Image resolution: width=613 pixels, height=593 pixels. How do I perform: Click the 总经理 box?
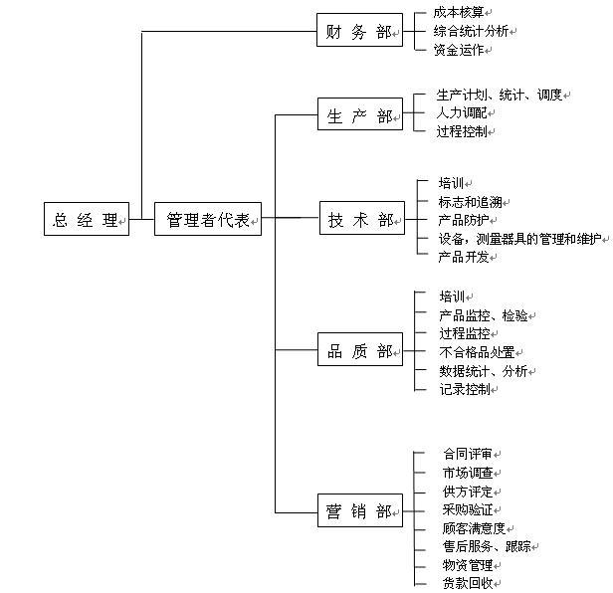point(87,219)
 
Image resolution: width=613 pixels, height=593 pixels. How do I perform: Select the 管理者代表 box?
point(208,219)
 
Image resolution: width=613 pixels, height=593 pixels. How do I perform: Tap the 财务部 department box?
point(358,32)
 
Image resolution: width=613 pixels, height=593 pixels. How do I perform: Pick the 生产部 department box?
point(359,115)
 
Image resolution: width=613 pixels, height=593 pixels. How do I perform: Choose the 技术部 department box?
point(360,220)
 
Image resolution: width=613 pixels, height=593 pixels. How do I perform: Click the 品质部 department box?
point(359,350)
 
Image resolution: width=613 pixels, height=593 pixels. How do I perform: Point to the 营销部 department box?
point(359,511)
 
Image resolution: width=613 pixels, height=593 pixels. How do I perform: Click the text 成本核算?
point(458,12)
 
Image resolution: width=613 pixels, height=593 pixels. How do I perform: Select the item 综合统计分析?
point(471,31)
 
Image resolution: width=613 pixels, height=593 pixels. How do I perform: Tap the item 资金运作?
point(458,50)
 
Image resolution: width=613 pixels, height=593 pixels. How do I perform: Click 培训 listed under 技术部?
point(451,183)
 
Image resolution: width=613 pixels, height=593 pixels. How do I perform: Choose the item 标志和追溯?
point(470,201)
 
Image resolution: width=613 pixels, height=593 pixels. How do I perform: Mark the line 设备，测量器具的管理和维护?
point(520,239)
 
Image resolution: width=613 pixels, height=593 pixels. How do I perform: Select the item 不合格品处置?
point(477,352)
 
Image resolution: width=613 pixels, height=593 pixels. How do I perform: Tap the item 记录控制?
point(464,389)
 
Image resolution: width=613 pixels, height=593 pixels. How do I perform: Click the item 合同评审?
point(468,455)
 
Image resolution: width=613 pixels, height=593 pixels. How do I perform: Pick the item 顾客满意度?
point(474,528)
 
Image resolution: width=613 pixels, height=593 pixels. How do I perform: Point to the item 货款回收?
point(468,584)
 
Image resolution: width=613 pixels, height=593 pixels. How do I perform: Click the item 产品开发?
point(464,257)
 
